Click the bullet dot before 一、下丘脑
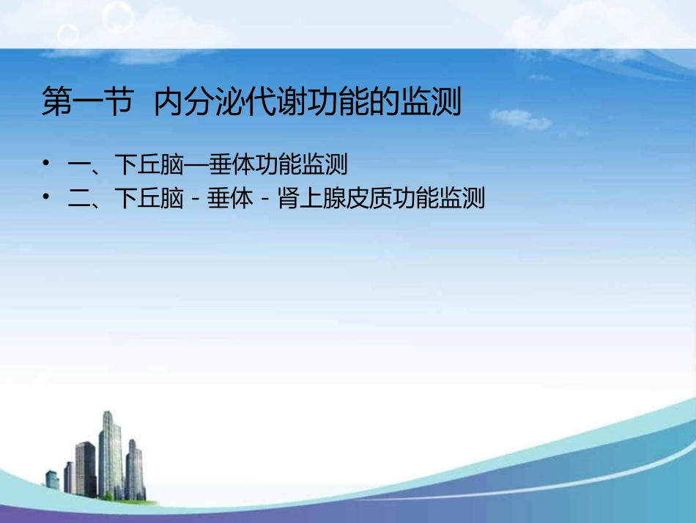click(x=46, y=164)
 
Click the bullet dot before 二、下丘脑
click(x=46, y=198)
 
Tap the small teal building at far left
click(x=52, y=480)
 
